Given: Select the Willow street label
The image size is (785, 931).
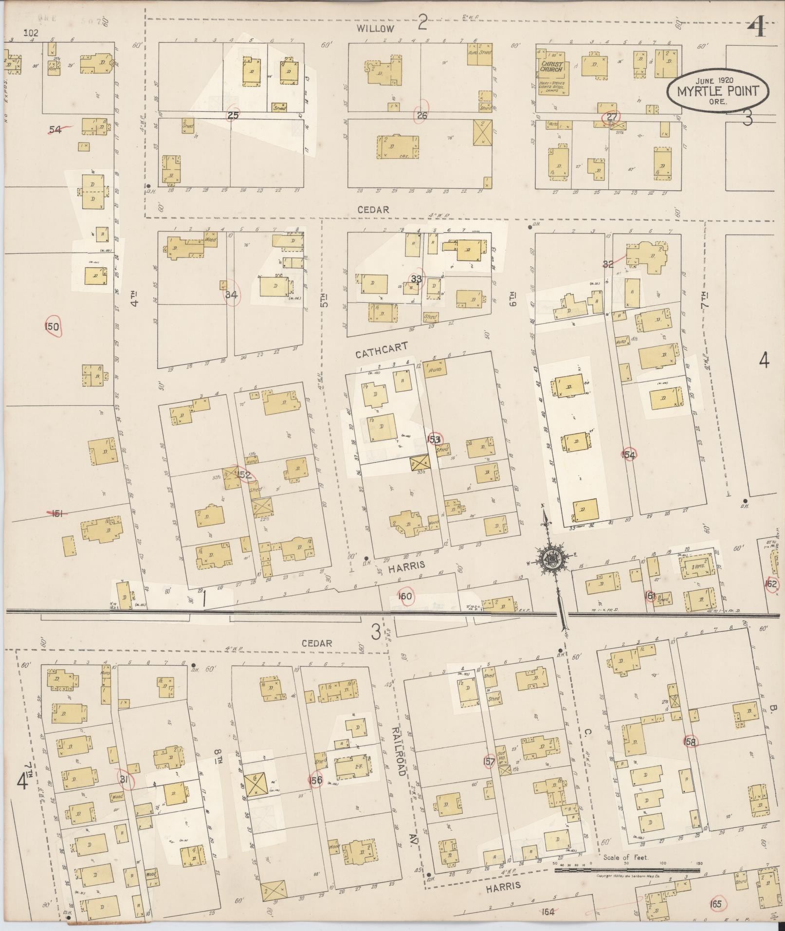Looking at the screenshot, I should click(375, 29).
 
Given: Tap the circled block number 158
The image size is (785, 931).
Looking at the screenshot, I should click(690, 756).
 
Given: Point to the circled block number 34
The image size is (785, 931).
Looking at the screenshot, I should click(232, 295).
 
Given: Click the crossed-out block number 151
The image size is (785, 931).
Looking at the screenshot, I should click(57, 512).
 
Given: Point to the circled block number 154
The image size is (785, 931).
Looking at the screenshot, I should click(628, 455).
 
